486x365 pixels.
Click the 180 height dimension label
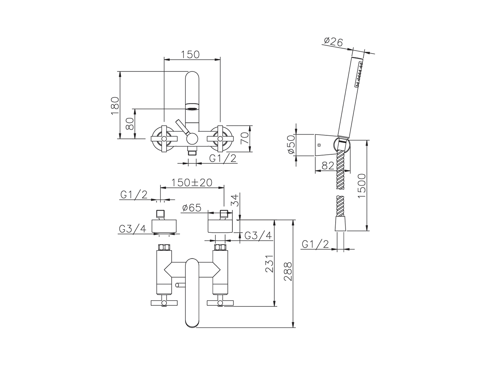click(x=115, y=105)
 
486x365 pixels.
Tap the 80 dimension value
click(x=130, y=124)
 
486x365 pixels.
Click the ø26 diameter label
click(x=333, y=42)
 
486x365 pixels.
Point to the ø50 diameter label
click(x=291, y=145)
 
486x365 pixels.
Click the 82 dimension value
click(x=328, y=165)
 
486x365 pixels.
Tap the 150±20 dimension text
click(x=192, y=182)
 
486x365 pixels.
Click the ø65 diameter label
click(x=192, y=208)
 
